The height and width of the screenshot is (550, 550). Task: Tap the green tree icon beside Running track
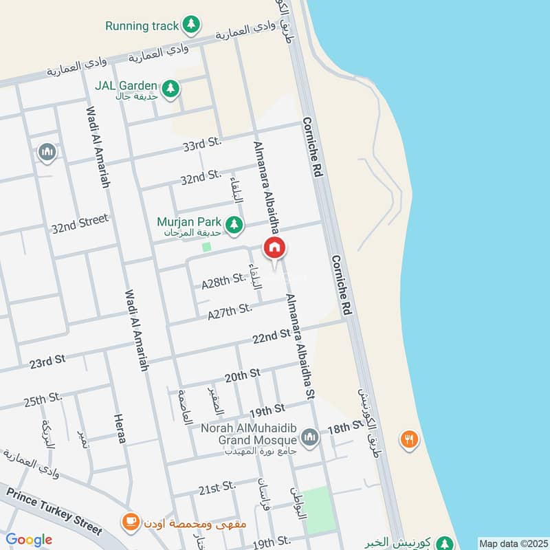tap(192, 26)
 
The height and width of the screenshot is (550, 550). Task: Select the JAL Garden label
tap(127, 87)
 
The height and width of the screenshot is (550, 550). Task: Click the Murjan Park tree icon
tap(235, 223)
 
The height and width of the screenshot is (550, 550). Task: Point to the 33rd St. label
tap(201, 144)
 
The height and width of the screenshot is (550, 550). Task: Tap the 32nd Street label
tap(80, 223)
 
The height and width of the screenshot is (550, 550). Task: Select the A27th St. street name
tap(230, 311)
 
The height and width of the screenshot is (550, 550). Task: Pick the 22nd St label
tap(270, 335)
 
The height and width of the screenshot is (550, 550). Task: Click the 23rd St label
tap(47, 360)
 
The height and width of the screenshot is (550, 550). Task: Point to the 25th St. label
tap(43, 399)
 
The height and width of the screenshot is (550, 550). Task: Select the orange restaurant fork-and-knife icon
tap(409, 439)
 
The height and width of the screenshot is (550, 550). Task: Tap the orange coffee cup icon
tap(128, 520)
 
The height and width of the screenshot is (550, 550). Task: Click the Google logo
tap(29, 540)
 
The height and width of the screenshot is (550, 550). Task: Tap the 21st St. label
tap(217, 487)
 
